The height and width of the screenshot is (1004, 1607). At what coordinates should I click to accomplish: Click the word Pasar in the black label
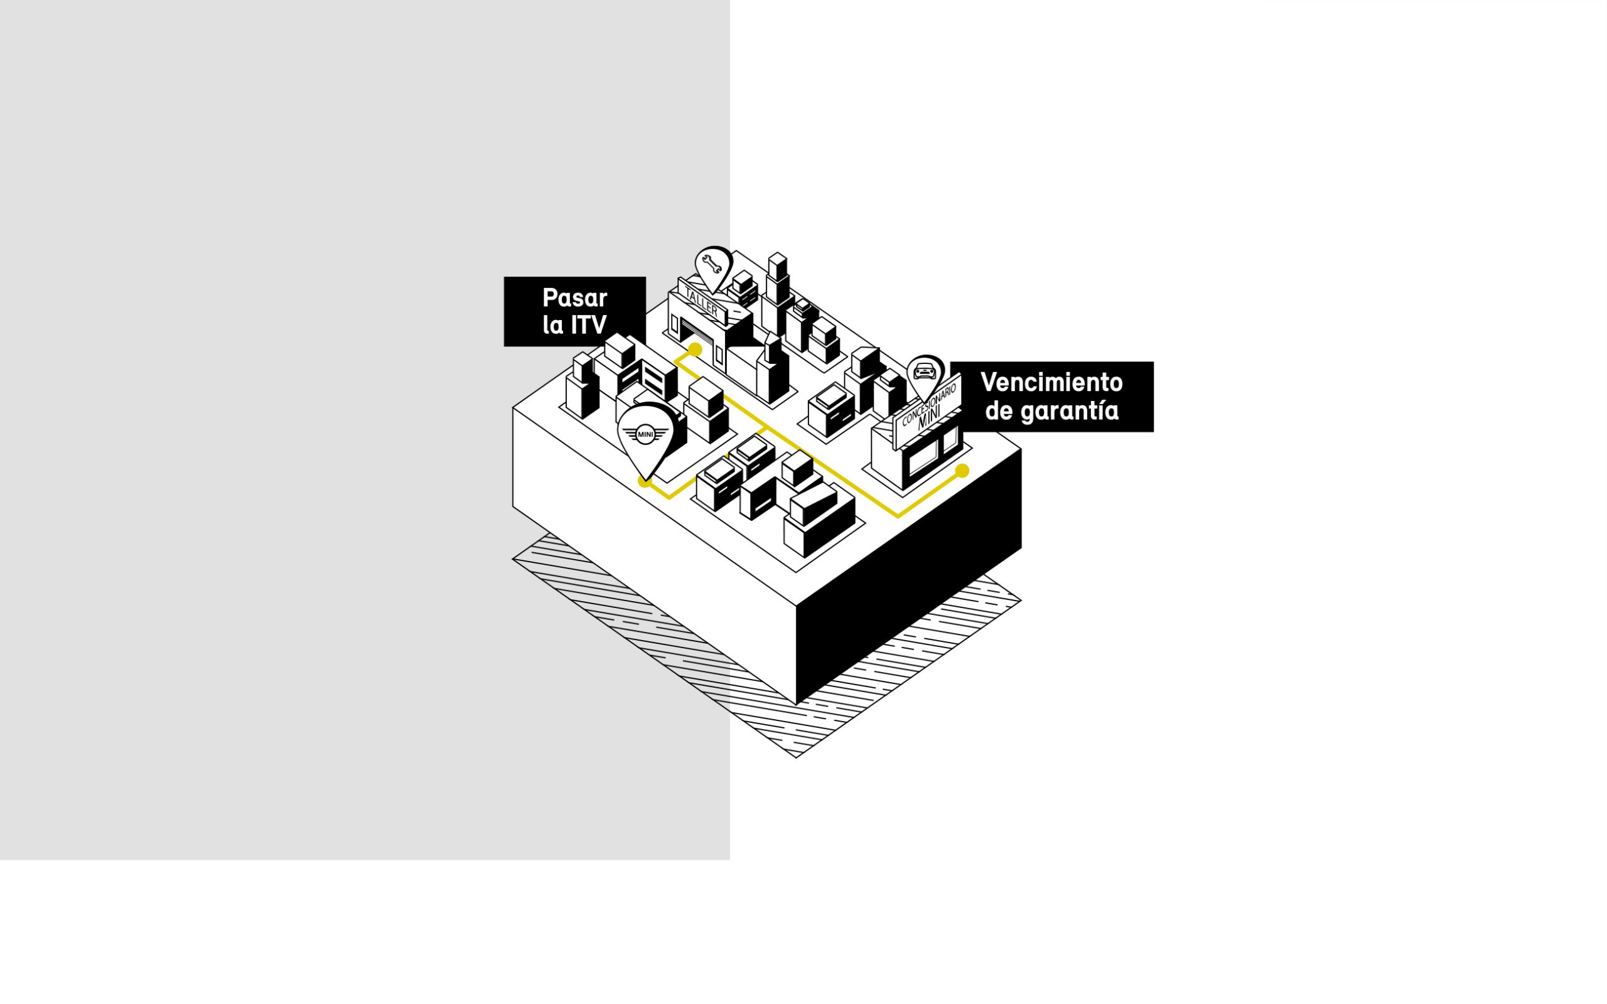(x=574, y=298)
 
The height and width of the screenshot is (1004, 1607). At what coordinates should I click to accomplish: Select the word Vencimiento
(x=1051, y=383)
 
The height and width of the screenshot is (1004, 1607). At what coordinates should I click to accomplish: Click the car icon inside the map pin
(x=925, y=370)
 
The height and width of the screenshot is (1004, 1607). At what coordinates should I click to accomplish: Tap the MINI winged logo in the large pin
(x=645, y=434)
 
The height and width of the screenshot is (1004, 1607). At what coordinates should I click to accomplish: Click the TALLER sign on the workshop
(x=702, y=301)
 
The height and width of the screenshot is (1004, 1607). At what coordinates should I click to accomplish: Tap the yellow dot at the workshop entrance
(x=696, y=350)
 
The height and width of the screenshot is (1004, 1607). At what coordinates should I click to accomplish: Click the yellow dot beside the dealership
(x=962, y=471)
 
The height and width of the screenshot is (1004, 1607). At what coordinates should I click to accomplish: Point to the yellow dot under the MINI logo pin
(x=644, y=481)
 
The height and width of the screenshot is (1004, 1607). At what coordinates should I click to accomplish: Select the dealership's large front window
(x=922, y=457)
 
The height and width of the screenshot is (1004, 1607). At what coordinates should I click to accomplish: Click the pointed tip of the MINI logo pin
(x=646, y=479)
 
